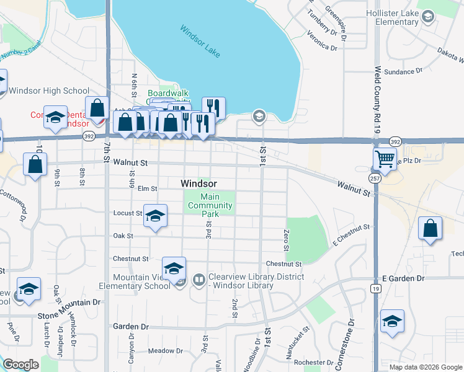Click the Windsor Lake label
click(200, 41)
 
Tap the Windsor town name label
click(199, 184)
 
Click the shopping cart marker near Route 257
click(385, 159)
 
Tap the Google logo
click(20, 365)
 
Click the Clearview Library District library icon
click(199, 280)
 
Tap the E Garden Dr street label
click(403, 278)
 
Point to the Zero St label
click(287, 239)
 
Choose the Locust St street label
click(128, 213)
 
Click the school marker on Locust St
click(155, 216)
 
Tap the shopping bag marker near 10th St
click(35, 165)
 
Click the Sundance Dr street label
click(399, 72)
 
